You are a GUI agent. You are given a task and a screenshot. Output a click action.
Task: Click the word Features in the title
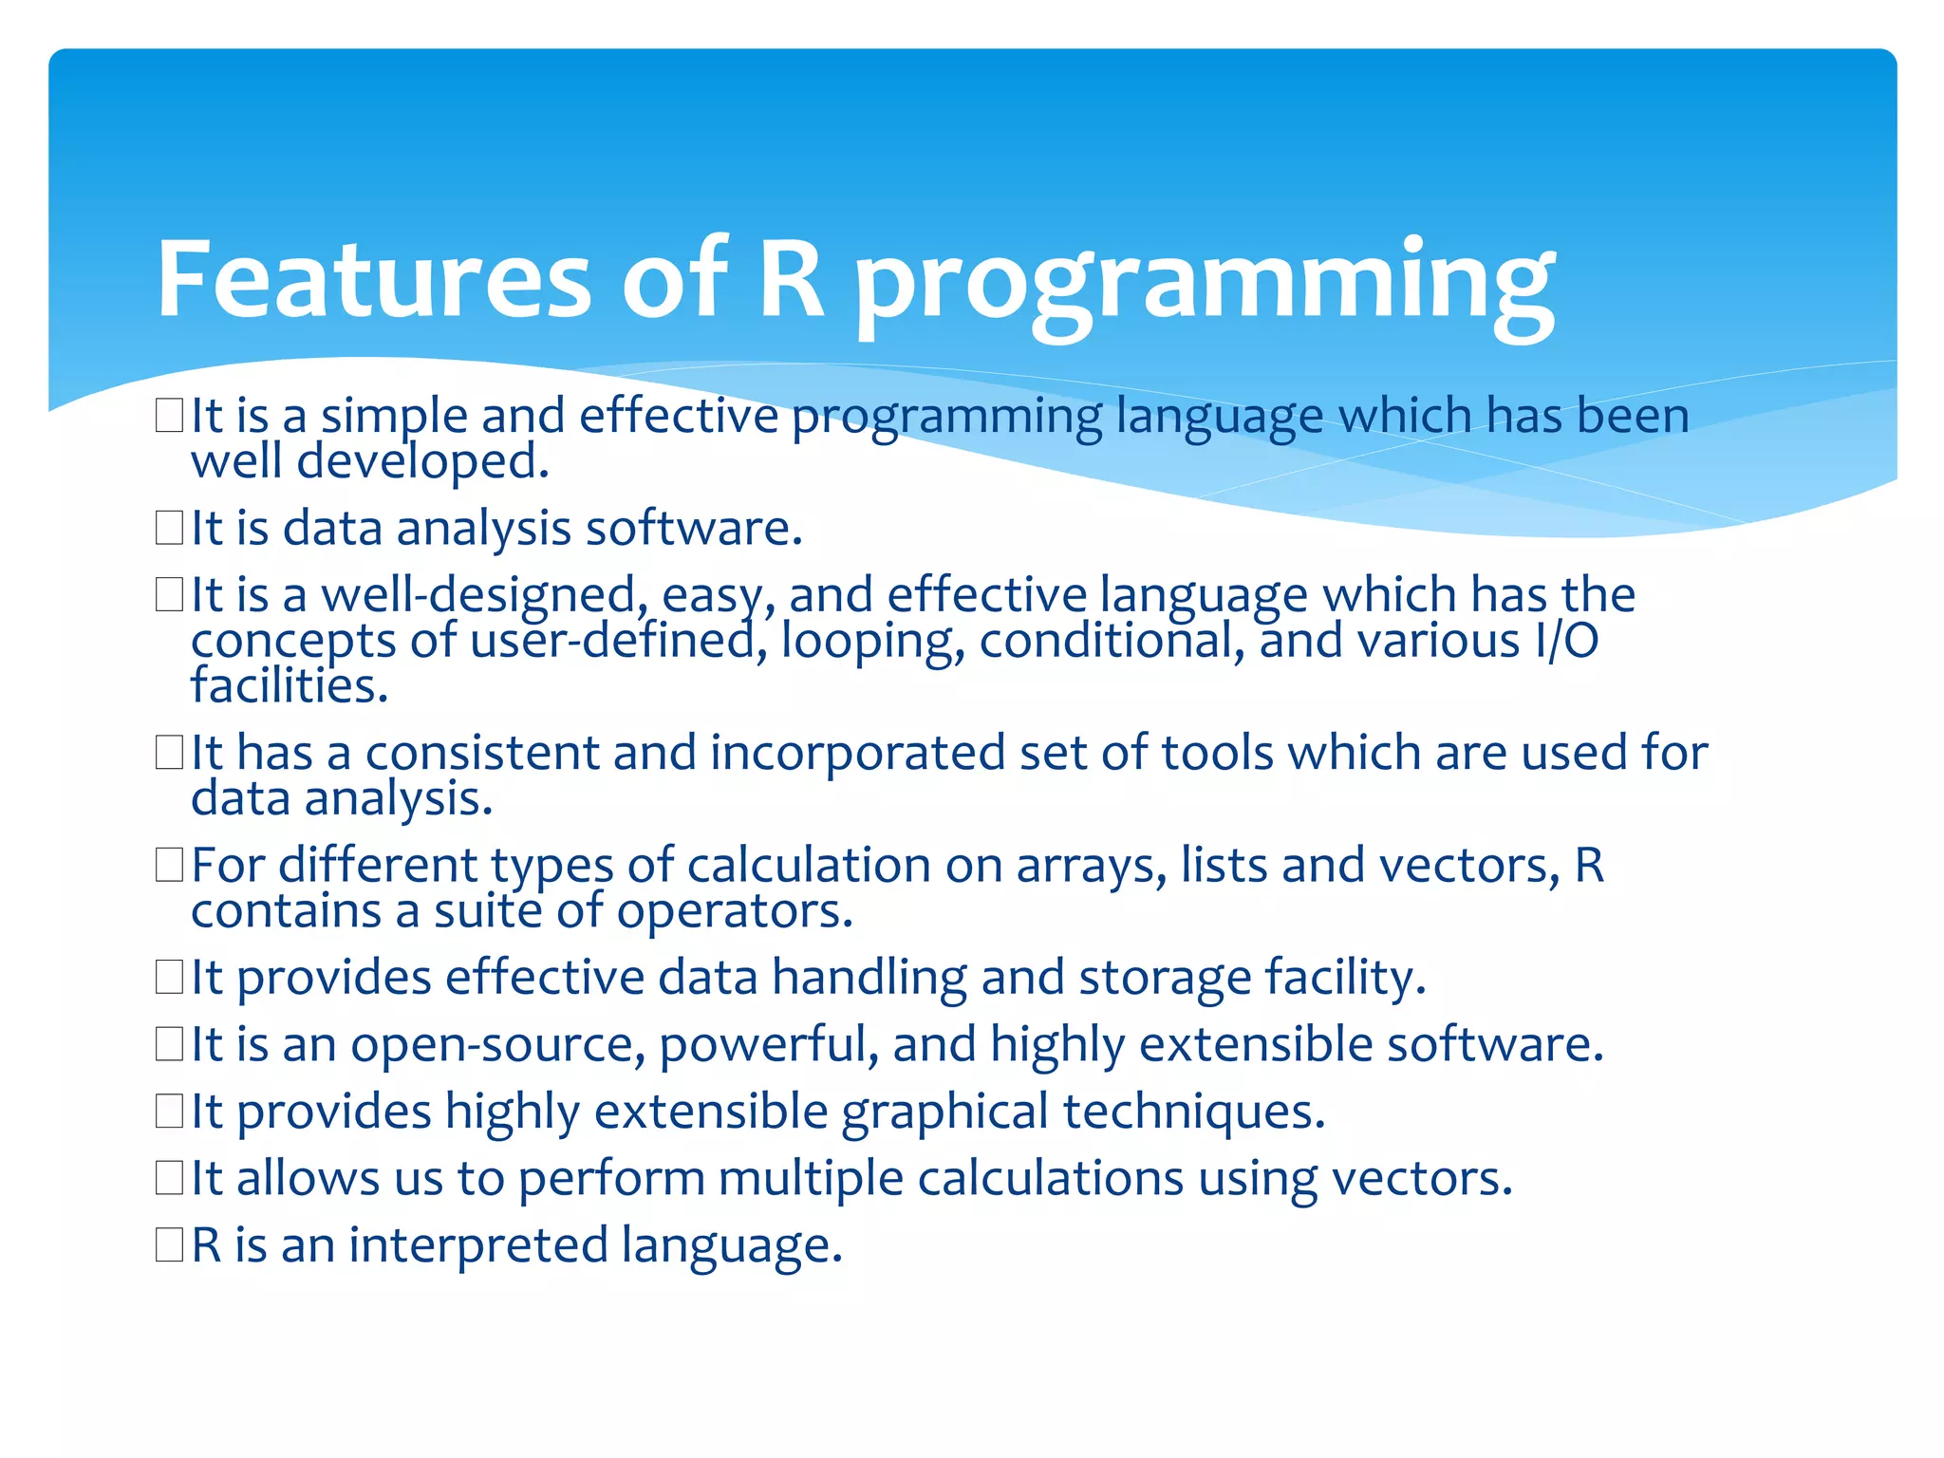point(373,280)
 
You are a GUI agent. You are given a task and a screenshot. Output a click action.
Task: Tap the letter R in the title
point(792,280)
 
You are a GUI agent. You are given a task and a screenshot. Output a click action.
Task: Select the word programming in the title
point(1204,285)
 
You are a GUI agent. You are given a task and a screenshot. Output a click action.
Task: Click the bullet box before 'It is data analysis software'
point(169,528)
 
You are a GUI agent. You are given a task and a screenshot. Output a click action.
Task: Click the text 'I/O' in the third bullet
point(1566,641)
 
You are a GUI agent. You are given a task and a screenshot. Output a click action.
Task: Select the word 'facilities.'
point(290,685)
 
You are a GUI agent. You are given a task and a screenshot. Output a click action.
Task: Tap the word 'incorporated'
point(857,754)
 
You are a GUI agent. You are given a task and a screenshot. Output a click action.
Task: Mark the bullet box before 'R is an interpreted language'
point(169,1244)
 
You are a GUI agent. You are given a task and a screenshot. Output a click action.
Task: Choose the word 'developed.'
point(422,462)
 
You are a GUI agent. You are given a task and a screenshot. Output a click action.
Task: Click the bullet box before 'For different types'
point(169,865)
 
